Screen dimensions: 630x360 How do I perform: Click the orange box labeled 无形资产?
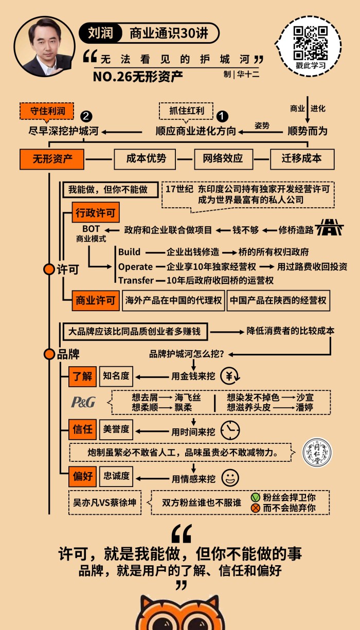coord(52,159)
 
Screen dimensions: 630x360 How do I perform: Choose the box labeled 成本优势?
coord(146,159)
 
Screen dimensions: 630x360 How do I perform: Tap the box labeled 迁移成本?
coord(302,159)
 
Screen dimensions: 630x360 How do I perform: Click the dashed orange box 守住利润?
coord(47,110)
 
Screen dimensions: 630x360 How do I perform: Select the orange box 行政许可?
coord(96,212)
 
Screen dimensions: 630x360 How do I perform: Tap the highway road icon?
coord(329,228)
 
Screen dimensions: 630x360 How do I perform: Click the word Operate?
coord(135,266)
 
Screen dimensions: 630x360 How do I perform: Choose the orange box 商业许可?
coord(96,301)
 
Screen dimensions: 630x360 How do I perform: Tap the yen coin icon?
coord(229,376)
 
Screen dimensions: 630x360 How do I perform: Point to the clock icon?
coord(230,429)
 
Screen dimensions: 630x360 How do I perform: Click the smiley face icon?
coord(230,478)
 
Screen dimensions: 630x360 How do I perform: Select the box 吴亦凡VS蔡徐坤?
coord(104,502)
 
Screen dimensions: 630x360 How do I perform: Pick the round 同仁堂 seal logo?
coord(316,453)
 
